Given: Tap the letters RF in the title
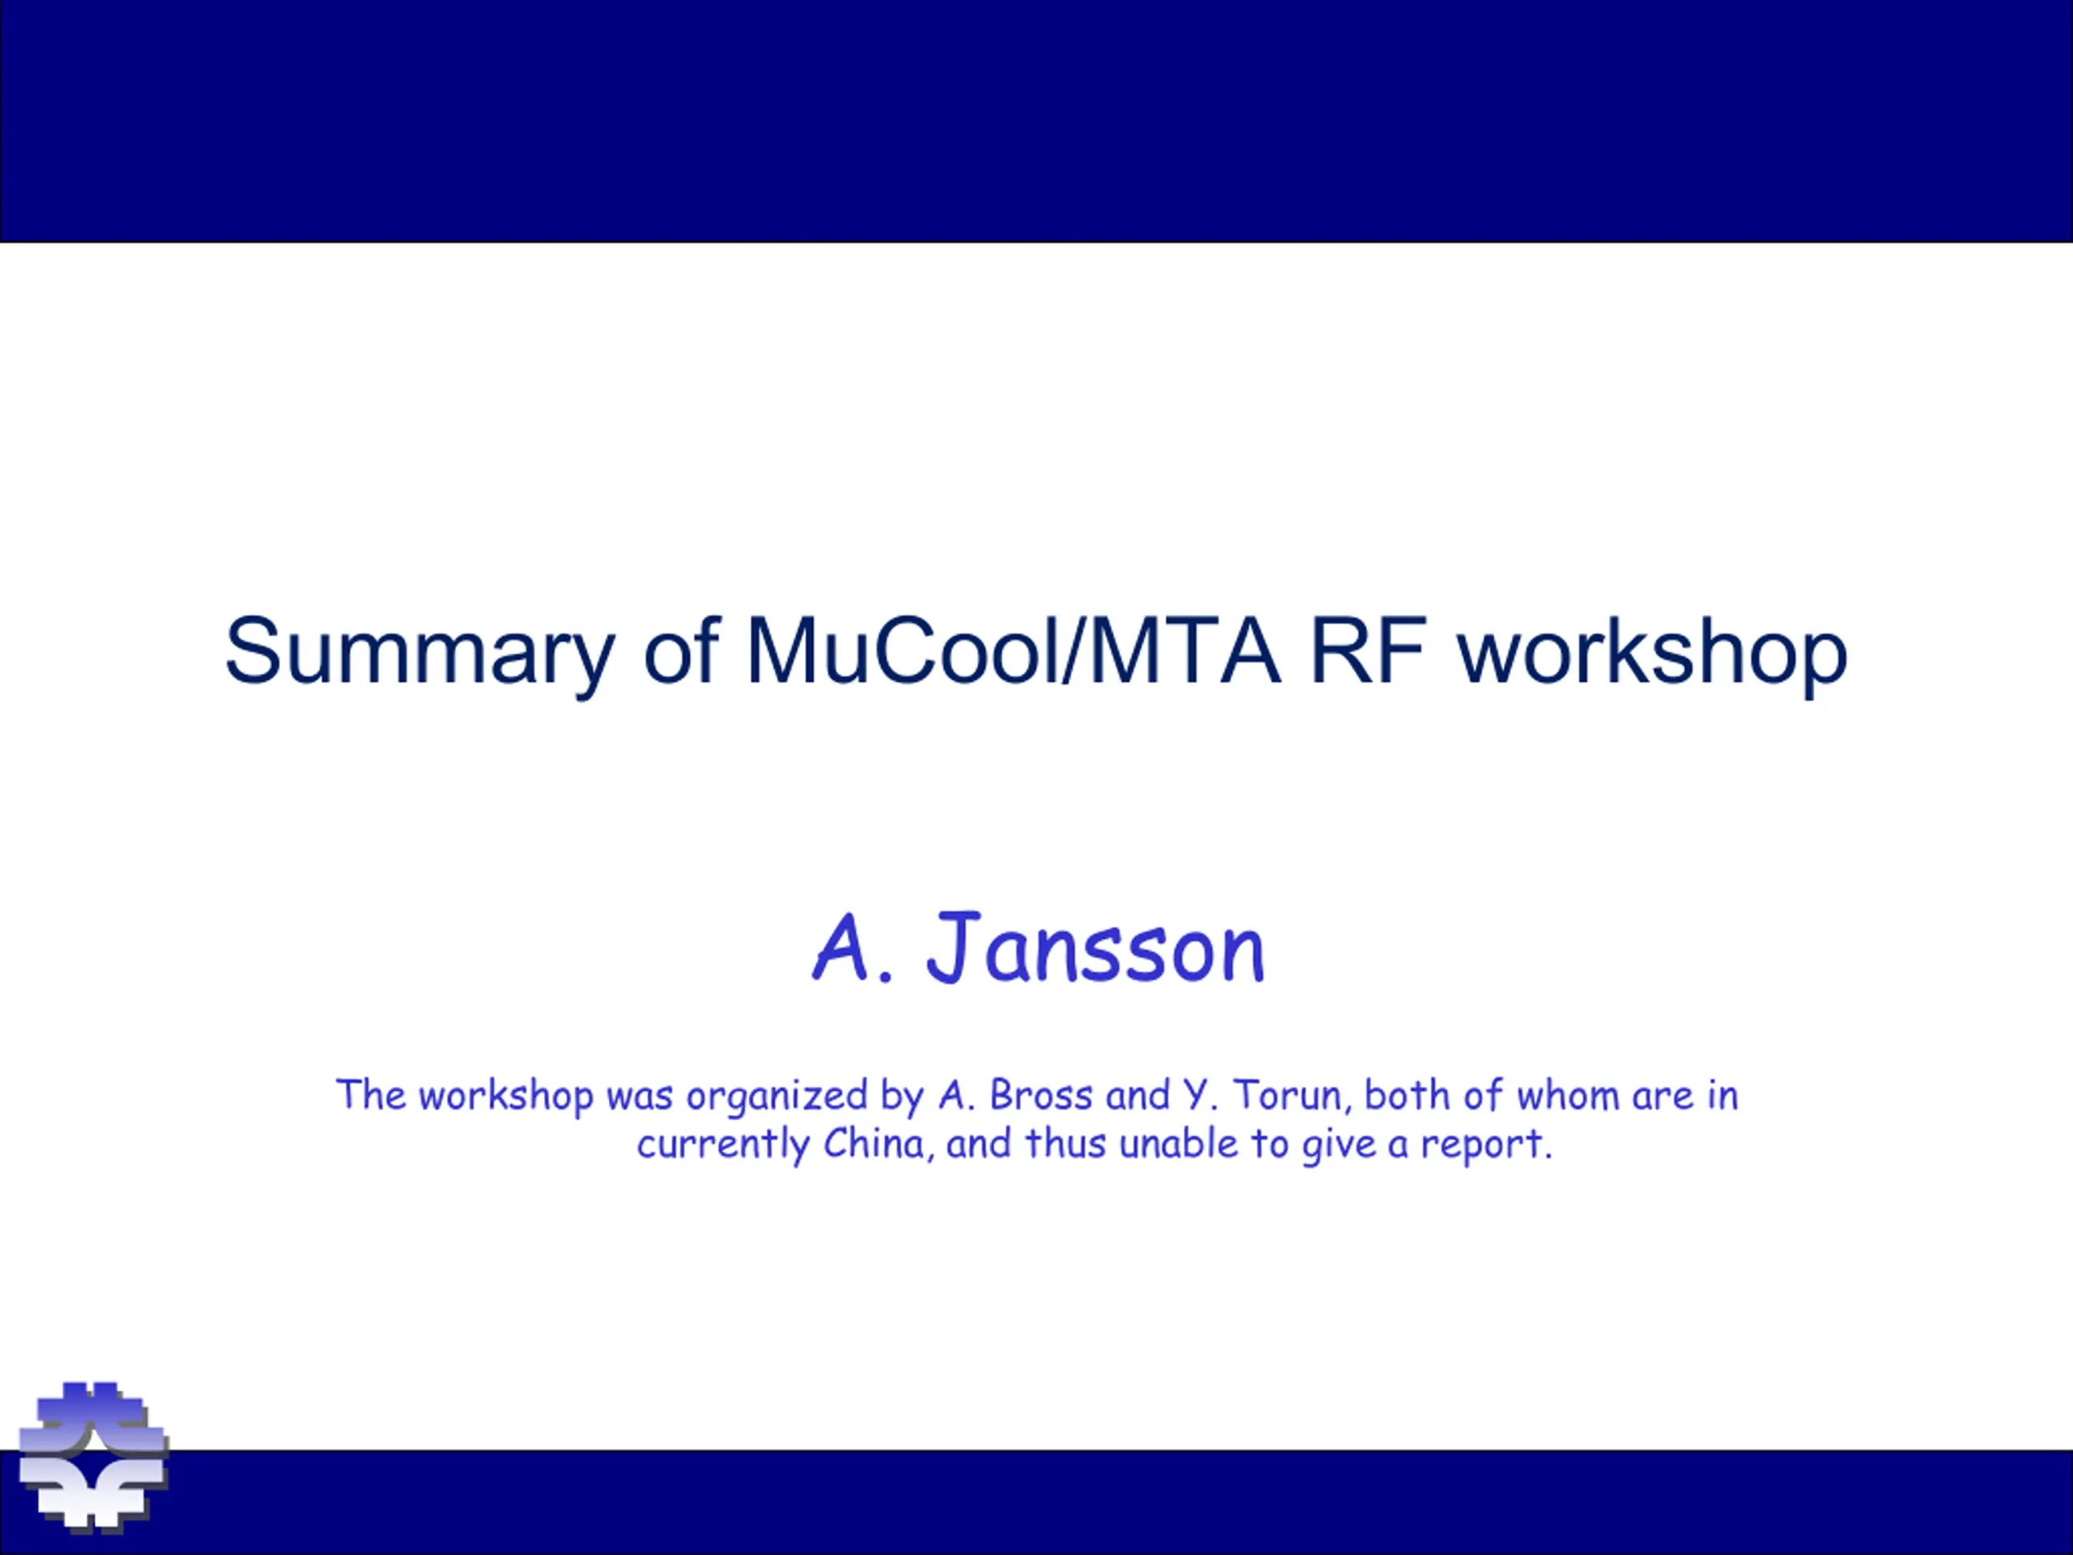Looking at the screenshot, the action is coord(1369,650).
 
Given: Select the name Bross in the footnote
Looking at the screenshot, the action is coord(1041,1095).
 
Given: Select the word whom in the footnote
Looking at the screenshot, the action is coord(1568,1095).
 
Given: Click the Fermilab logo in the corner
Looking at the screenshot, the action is coord(93,1456).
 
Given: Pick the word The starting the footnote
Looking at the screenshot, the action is coord(371,1095).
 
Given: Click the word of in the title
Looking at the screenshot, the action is coord(681,650).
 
